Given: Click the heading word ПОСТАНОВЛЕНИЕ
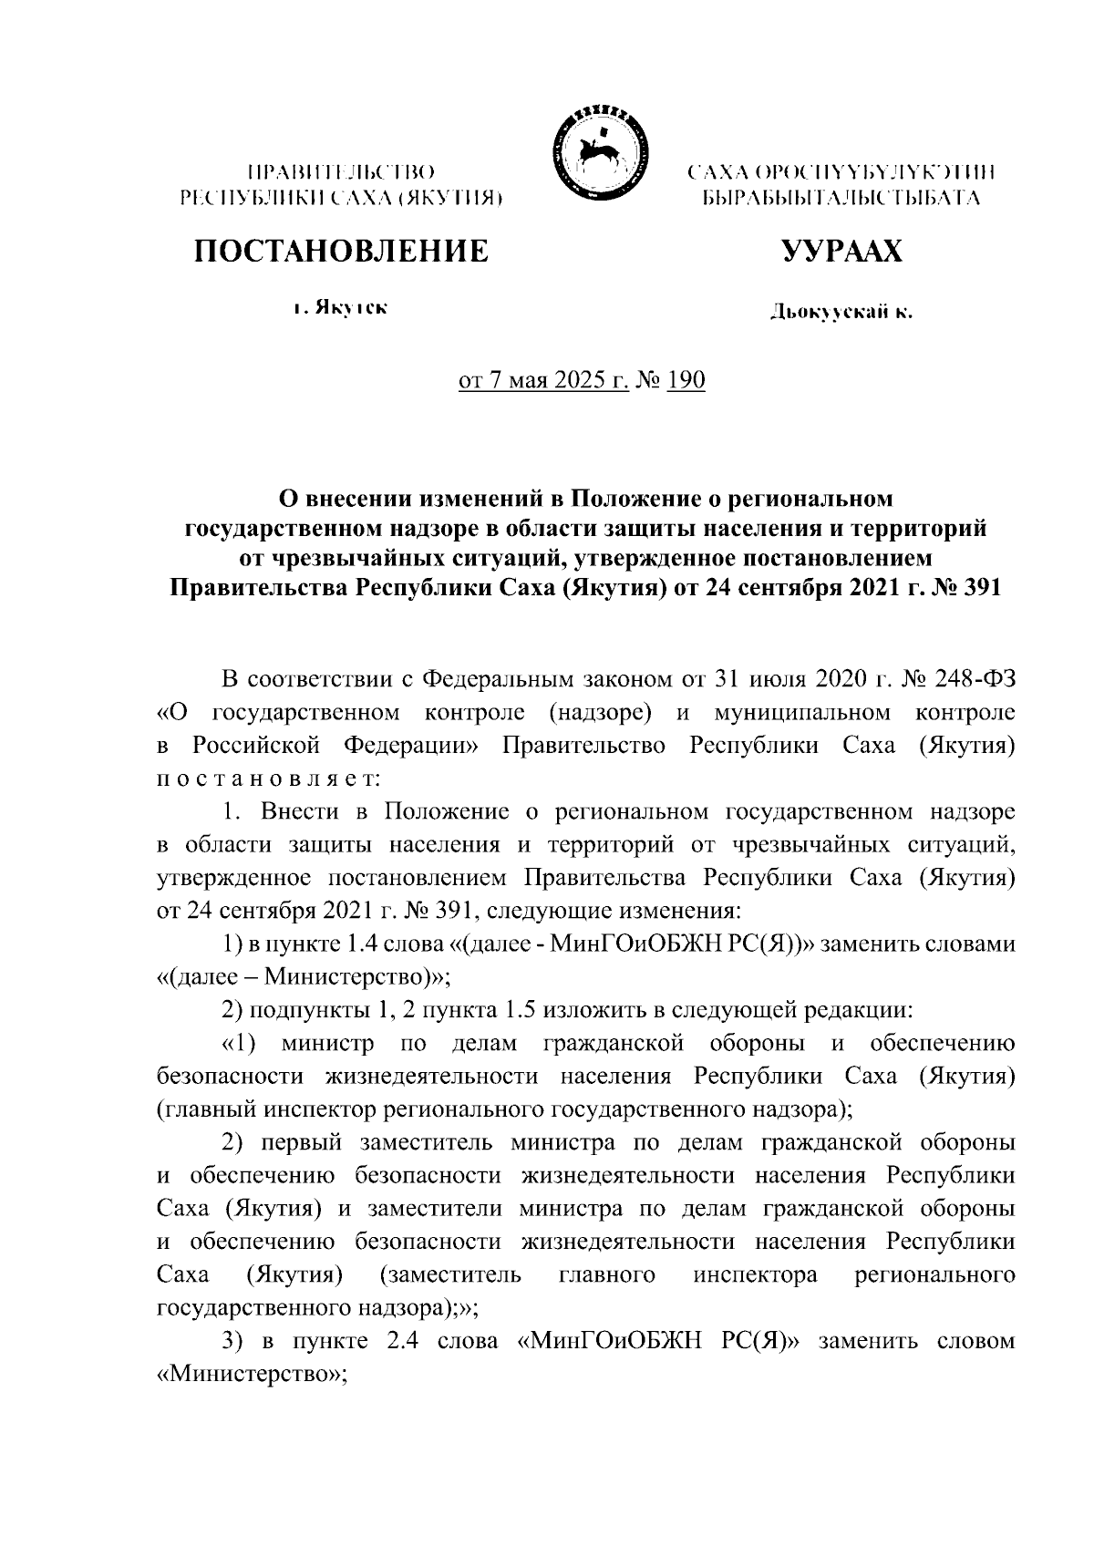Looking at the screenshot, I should (339, 251).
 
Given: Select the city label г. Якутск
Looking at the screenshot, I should (341, 309).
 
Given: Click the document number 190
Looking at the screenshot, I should (686, 379).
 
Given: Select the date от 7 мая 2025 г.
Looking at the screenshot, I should (544, 379).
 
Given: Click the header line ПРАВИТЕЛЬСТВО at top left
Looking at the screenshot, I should (339, 171).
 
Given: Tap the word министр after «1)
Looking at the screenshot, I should (328, 1043).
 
